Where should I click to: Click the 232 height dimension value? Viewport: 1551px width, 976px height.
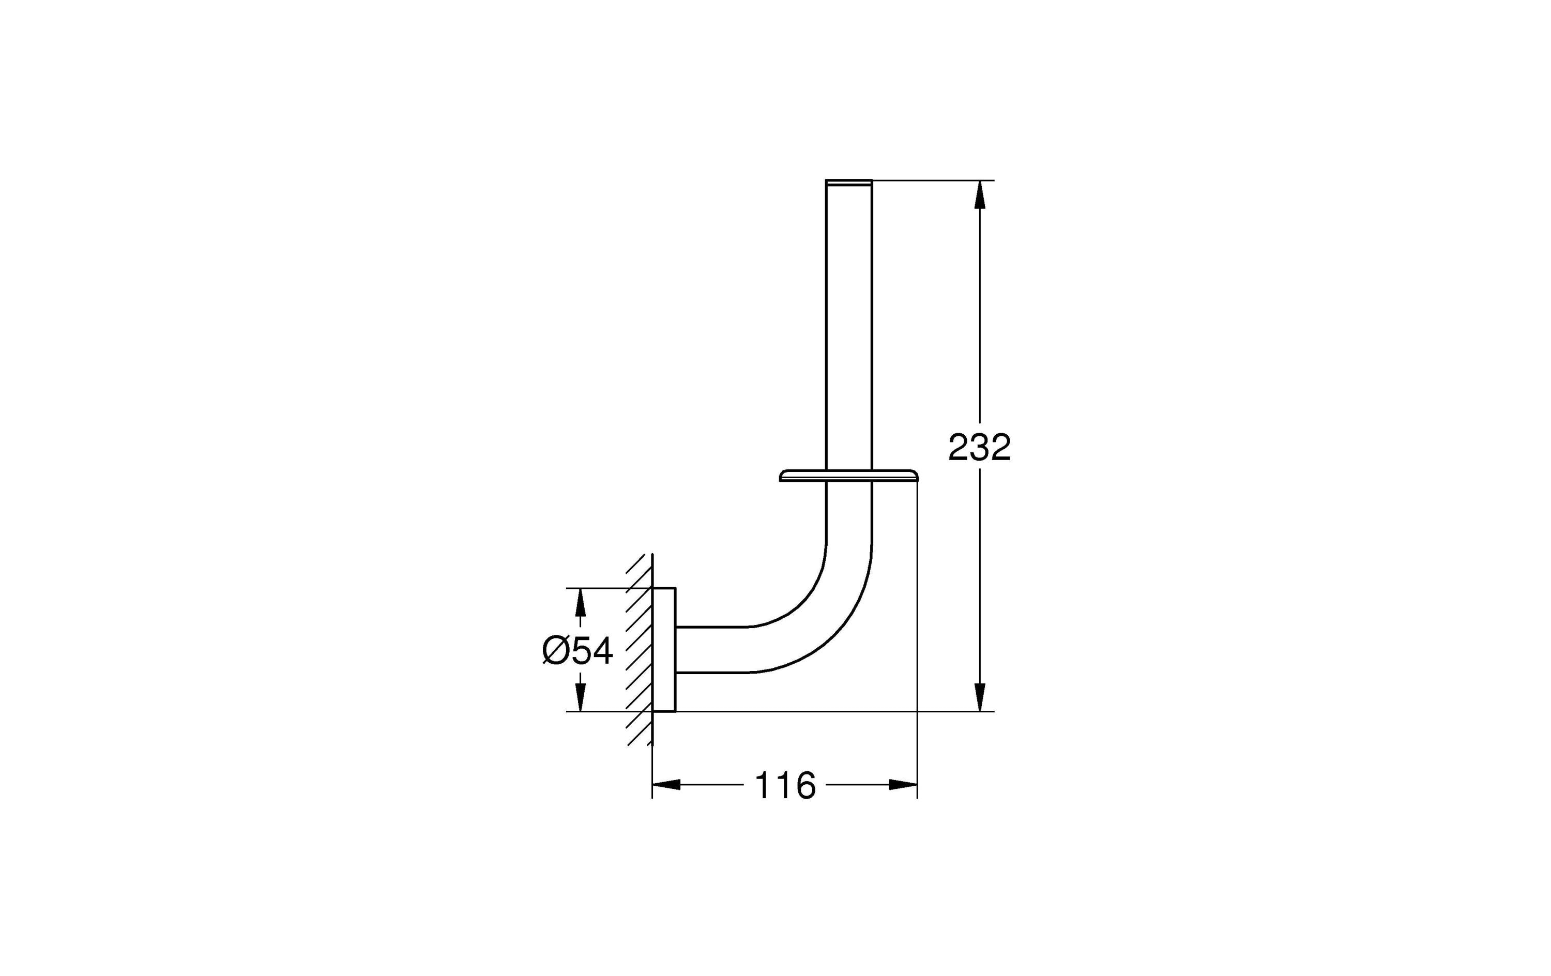[979, 447]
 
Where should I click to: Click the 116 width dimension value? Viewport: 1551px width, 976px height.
[784, 785]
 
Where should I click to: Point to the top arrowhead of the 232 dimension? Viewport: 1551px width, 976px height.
[980, 194]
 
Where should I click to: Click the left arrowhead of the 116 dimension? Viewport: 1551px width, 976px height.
[666, 785]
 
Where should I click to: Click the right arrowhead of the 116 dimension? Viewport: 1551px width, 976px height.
[903, 785]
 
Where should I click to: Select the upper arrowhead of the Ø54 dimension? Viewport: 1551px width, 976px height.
[581, 602]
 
